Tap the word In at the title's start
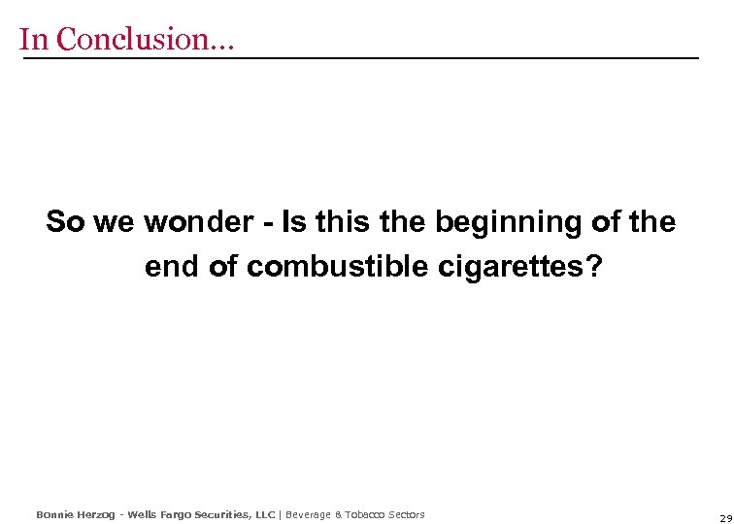tap(33, 39)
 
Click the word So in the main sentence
tap(66, 222)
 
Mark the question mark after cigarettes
tap(593, 267)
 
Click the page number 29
tap(725, 518)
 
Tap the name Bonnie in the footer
tap(54, 514)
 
